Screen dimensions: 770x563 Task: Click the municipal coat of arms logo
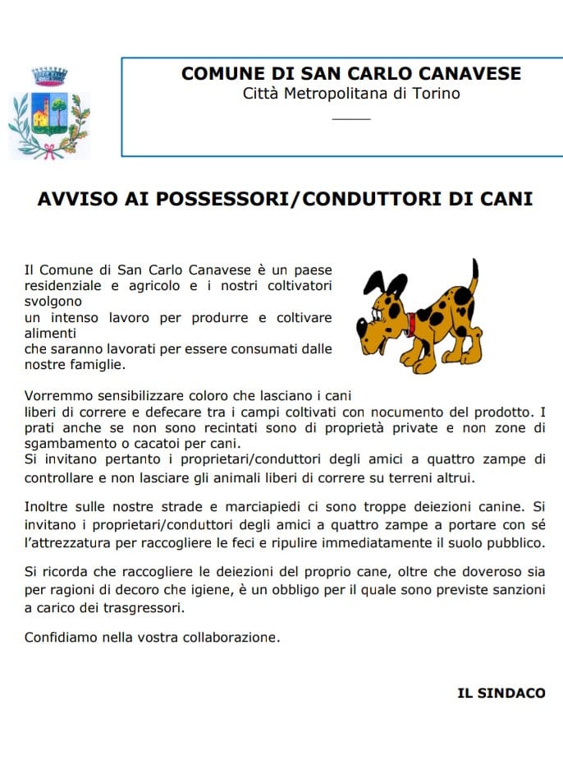(x=48, y=116)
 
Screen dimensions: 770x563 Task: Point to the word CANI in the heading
(x=507, y=199)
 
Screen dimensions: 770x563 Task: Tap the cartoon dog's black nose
(x=362, y=326)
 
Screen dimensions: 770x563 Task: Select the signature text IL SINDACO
(x=501, y=694)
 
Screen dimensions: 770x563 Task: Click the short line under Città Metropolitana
(x=351, y=120)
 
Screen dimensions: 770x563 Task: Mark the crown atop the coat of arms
(x=48, y=76)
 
